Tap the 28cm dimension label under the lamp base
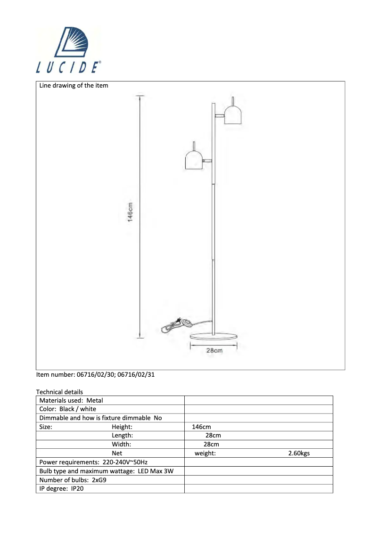click(x=214, y=350)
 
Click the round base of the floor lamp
click(x=213, y=336)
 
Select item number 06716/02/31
click(x=135, y=375)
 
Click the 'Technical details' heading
click(x=59, y=392)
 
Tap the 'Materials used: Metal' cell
click(x=71, y=400)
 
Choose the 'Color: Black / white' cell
click(x=68, y=409)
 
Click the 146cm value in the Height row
click(x=201, y=427)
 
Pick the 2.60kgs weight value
click(x=299, y=453)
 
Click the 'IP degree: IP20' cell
click(x=61, y=488)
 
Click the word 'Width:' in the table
click(x=121, y=444)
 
